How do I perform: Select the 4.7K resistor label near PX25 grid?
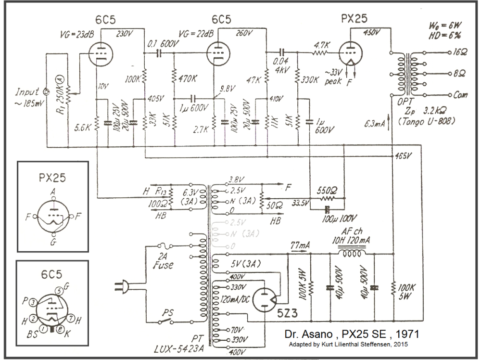[x=321, y=44]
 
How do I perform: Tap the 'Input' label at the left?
[x=28, y=91]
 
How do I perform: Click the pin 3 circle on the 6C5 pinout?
[x=32, y=302]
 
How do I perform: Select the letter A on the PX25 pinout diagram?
[x=52, y=191]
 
